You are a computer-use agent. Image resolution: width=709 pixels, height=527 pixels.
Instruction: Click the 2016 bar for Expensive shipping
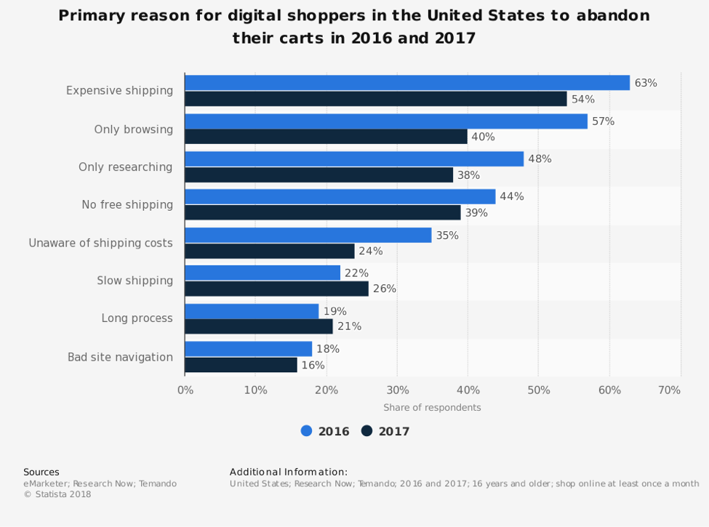(x=407, y=83)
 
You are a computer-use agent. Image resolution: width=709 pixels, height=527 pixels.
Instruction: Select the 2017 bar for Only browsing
(x=326, y=137)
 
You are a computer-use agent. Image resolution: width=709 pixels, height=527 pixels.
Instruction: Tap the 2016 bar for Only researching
(x=354, y=158)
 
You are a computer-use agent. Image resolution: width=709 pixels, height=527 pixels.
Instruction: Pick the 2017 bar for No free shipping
(x=323, y=212)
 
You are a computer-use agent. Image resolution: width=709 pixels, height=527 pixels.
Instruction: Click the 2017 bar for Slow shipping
(x=276, y=289)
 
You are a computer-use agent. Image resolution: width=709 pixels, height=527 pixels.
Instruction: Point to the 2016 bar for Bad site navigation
(x=248, y=349)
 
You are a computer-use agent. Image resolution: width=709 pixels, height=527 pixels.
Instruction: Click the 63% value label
(x=646, y=83)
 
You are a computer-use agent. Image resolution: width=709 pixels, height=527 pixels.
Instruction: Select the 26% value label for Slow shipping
(x=385, y=289)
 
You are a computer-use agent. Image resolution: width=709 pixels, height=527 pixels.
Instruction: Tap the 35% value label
(x=447, y=236)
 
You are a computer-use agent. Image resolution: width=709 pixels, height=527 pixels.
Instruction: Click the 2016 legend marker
(x=306, y=431)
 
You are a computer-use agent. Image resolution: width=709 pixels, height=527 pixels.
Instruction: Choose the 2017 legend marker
(x=366, y=431)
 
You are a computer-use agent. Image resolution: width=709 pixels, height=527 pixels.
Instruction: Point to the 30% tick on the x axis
(x=397, y=390)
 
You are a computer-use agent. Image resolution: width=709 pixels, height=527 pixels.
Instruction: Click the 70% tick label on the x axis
(x=669, y=390)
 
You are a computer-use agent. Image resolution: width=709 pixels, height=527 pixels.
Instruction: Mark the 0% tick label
(x=185, y=390)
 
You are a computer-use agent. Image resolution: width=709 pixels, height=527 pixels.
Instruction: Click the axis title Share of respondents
(x=432, y=408)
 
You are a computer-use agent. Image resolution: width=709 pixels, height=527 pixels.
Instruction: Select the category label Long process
(x=137, y=318)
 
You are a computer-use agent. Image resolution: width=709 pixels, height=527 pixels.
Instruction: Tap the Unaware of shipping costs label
(x=100, y=243)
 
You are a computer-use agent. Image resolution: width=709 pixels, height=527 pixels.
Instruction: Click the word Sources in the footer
(x=41, y=472)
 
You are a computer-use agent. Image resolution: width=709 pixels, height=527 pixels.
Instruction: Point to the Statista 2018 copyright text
(x=57, y=494)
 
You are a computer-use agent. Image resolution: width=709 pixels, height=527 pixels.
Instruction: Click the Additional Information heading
(x=289, y=472)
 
